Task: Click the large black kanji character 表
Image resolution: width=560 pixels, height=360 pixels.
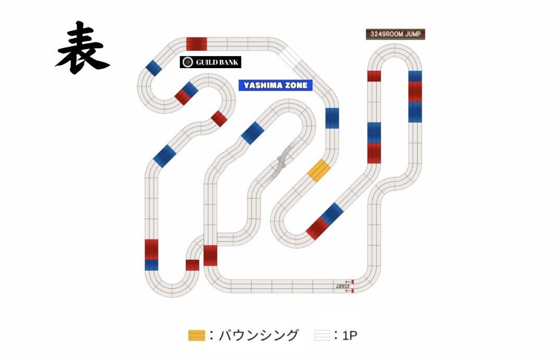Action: [82, 47]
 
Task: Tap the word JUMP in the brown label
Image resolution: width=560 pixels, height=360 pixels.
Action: [415, 34]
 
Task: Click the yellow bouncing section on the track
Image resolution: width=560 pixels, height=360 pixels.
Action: [319, 171]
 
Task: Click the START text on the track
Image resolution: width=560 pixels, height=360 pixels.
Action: [342, 286]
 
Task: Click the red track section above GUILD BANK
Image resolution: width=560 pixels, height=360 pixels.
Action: [197, 44]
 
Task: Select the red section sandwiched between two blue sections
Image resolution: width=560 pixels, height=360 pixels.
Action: [415, 92]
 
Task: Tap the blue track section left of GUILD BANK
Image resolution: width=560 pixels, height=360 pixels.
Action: [152, 68]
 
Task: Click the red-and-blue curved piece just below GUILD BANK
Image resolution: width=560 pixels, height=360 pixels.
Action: [186, 93]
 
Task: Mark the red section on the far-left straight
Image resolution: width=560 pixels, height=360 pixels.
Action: [151, 249]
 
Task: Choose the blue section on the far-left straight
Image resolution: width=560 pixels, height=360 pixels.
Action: [151, 265]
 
